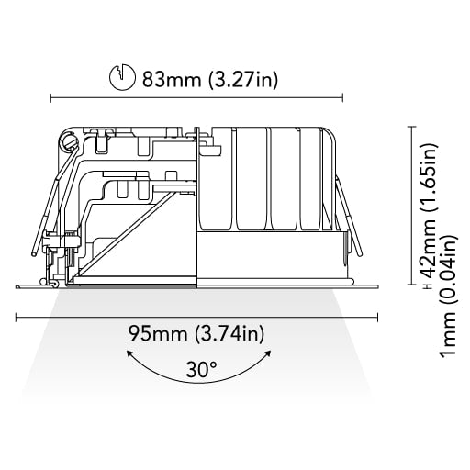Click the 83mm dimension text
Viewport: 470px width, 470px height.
[172, 80]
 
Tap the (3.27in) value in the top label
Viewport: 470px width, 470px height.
[243, 80]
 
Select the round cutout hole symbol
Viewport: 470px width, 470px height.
[122, 77]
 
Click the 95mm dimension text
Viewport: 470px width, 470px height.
[158, 333]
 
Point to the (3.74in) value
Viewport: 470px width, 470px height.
[229, 333]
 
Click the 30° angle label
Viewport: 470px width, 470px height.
[202, 369]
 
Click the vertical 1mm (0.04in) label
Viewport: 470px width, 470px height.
[447, 295]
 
